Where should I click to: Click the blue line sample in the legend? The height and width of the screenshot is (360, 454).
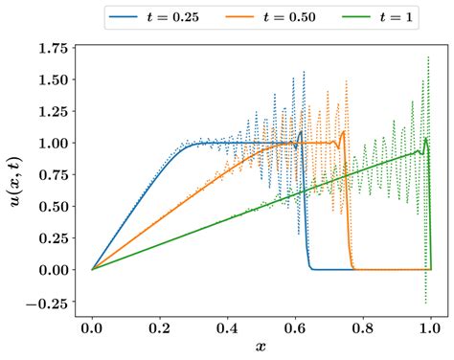click(124, 17)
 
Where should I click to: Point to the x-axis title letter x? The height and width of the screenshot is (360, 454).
click(261, 347)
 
